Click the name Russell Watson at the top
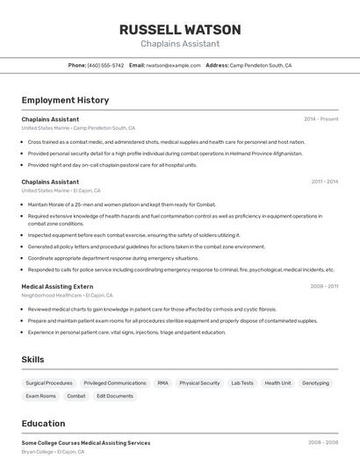pyautogui.click(x=180, y=29)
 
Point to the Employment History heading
pyautogui.click(x=65, y=100)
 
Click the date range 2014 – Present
pyautogui.click(x=320, y=118)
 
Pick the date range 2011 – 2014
pyautogui.click(x=324, y=182)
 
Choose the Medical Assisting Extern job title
pyautogui.click(x=57, y=286)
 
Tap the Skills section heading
pyautogui.click(x=33, y=360)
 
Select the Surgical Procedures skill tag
pyautogui.click(x=49, y=383)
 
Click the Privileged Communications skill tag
pyautogui.click(x=115, y=383)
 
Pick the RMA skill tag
pyautogui.click(x=162, y=383)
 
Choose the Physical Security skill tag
pyautogui.click(x=199, y=383)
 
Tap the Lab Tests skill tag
pyautogui.click(x=242, y=383)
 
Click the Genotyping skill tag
pyautogui.click(x=315, y=383)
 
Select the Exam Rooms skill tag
pyautogui.click(x=40, y=396)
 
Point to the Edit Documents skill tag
pyautogui.click(x=115, y=396)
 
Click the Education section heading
pyautogui.click(x=43, y=423)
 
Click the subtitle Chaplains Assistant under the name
pyautogui.click(x=180, y=44)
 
